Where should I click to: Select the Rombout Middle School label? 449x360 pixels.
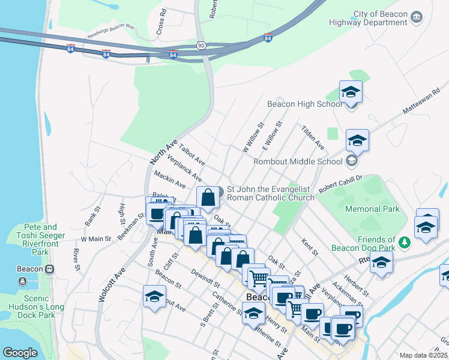[298, 161]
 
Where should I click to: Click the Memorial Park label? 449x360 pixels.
[372, 209]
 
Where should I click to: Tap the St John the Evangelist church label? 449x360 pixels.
[270, 193]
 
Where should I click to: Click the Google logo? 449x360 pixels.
[20, 353]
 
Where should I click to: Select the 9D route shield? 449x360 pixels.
[202, 45]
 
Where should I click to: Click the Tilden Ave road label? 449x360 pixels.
[313, 139]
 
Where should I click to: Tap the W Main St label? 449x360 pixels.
[96, 239]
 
